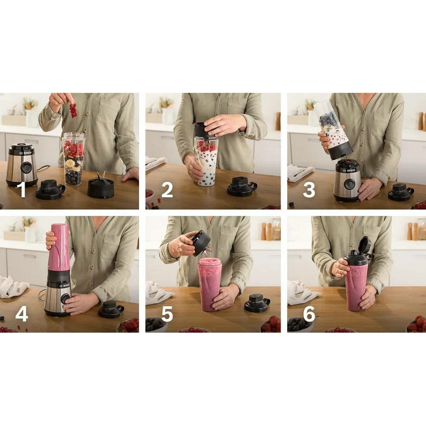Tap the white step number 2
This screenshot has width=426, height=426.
167,190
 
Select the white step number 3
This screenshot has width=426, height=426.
309,190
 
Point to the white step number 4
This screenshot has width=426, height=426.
22,314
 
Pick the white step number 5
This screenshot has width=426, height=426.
167,314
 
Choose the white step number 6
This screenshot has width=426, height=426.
309,314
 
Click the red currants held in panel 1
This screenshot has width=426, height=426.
73,110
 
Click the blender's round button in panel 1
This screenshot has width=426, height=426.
27,167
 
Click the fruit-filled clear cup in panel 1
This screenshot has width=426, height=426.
73,159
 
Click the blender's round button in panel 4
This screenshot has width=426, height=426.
65,299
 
